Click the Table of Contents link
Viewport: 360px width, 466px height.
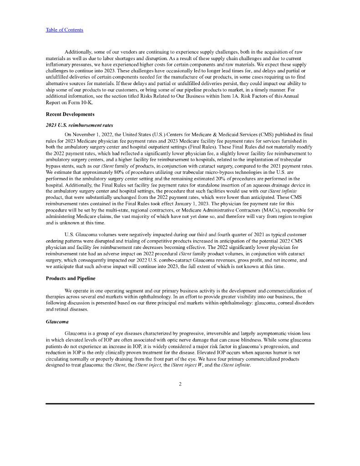coord(64,30)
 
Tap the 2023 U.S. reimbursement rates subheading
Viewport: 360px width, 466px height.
coord(79,125)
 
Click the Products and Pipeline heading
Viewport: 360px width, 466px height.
coord(71,278)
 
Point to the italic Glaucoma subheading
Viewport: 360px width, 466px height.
coord(57,321)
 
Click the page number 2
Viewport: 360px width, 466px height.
coord(180,384)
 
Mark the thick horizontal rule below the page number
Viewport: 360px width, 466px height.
coord(180,404)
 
